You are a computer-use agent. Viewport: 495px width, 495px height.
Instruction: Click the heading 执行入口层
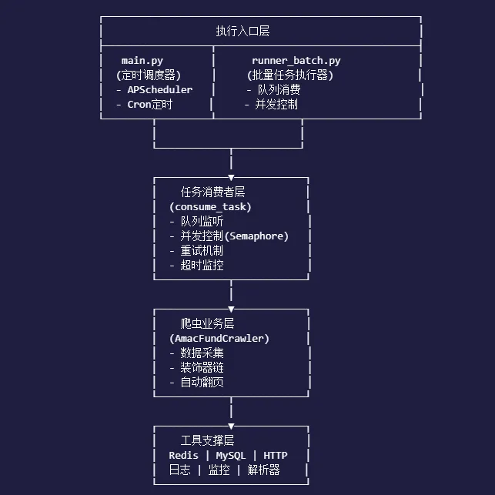coord(242,32)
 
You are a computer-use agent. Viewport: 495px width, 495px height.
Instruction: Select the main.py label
coord(142,61)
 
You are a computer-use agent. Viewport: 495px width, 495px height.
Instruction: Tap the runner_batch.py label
coord(296,61)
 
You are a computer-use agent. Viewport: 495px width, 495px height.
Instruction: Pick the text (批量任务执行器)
coord(289,75)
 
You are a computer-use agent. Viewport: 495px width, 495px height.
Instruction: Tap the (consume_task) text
coord(210,206)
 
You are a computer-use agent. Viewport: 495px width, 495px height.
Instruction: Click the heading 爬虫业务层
coord(202,323)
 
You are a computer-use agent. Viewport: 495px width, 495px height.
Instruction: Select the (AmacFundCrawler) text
coord(219,338)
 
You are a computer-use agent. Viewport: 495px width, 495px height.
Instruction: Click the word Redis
coord(184,455)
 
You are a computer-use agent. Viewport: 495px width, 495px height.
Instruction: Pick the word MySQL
coord(230,455)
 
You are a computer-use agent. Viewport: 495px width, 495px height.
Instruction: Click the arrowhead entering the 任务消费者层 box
coord(231,178)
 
